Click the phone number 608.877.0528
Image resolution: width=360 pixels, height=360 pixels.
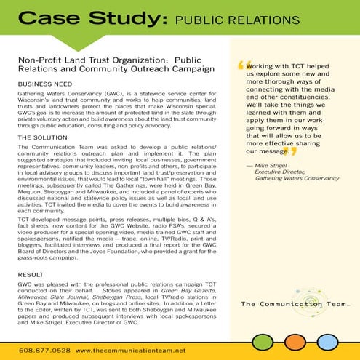click(x=39, y=351)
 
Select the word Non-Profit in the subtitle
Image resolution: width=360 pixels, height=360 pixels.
click(x=37, y=61)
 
